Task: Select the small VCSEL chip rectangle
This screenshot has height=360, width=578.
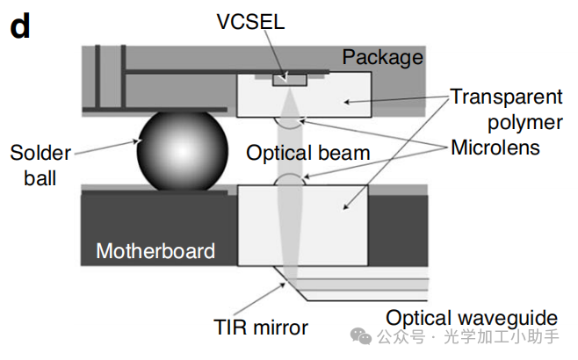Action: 289,80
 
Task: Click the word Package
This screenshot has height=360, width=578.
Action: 382,58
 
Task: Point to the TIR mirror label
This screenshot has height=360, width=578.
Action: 261,328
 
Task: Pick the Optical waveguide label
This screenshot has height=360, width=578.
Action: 472,317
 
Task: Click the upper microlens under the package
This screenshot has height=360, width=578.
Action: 289,120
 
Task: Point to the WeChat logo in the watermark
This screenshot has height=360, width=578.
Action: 360,336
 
